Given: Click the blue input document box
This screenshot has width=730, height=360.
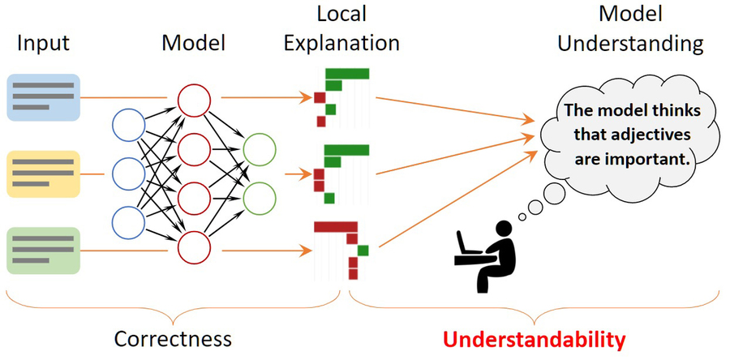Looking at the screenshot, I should point(43,97).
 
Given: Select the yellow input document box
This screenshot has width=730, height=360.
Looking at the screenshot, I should point(43,174).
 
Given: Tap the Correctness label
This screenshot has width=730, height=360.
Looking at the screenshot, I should point(173,338).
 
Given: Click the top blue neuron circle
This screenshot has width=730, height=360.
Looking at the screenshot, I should point(128,125).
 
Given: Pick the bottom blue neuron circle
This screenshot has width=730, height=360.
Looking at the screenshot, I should point(128,222).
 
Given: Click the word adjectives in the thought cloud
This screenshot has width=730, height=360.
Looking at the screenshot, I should point(654,135).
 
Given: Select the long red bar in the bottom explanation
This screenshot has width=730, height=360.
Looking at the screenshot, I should point(335,225).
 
